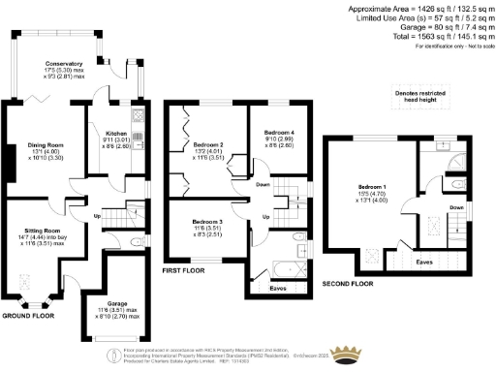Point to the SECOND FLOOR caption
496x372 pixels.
[346, 286]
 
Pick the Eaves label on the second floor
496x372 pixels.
[424, 261]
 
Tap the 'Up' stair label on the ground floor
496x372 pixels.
[97, 214]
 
